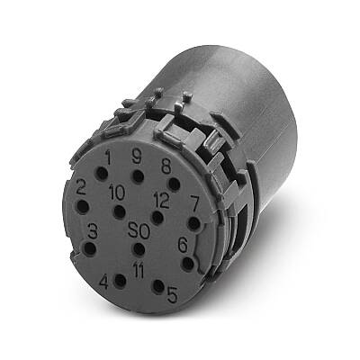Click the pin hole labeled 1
point(102,174)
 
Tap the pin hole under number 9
point(138,176)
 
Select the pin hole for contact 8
point(175,184)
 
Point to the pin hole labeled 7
point(194,224)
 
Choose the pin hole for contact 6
point(188,264)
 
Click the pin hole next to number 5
point(158,286)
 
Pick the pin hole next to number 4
point(121,281)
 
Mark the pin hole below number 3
point(89,248)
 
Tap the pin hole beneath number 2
point(83,207)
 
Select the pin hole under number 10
point(120,211)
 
